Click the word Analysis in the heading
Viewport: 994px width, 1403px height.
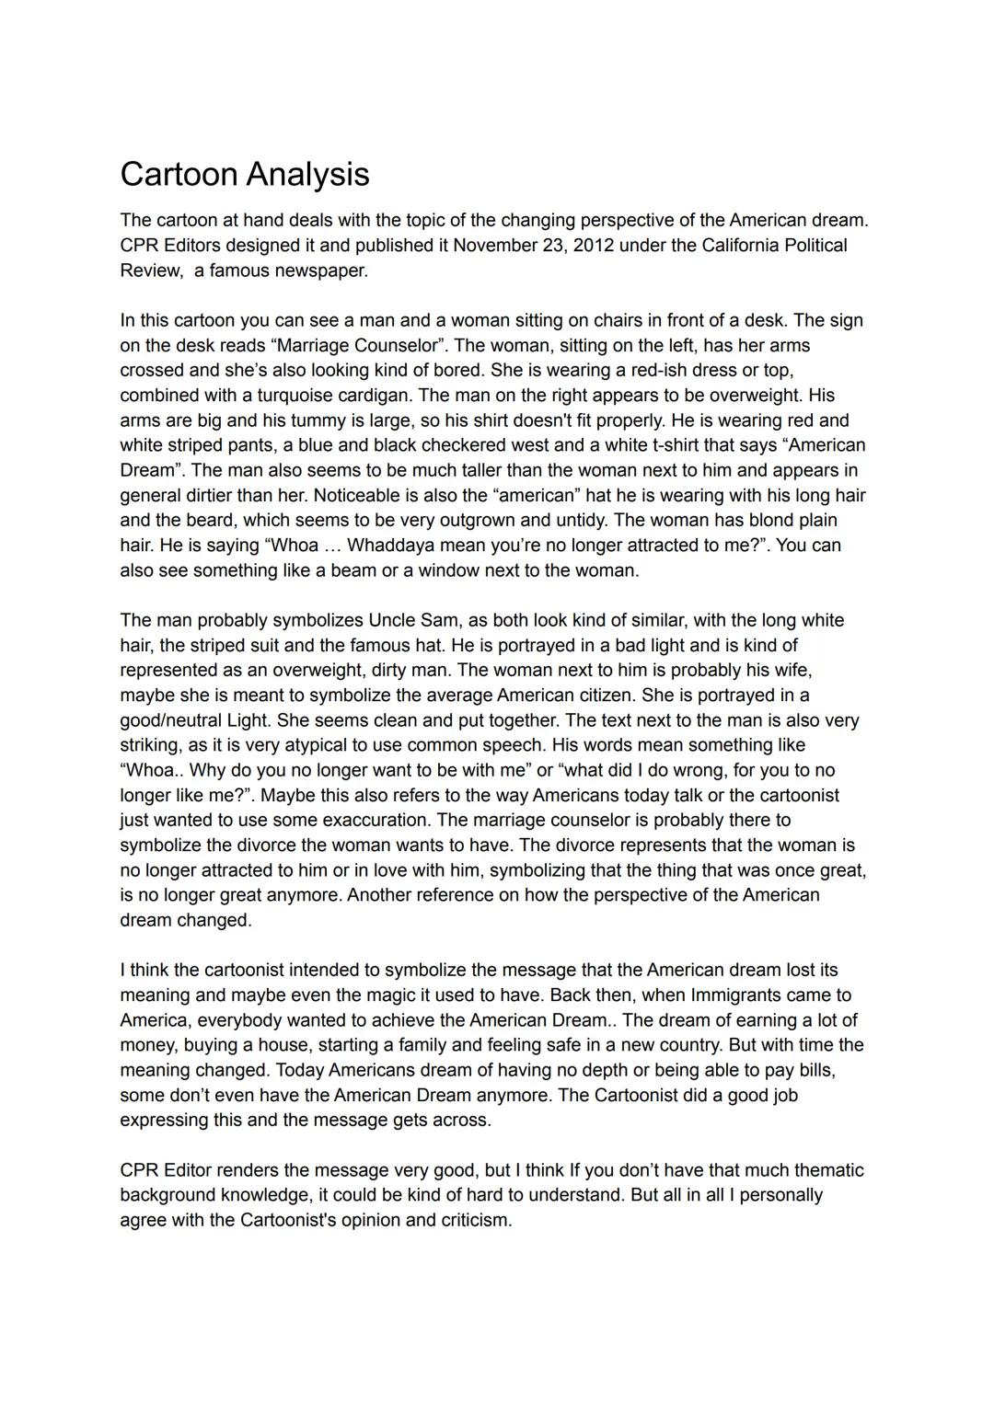coord(307,174)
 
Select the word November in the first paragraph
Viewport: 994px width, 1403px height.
coord(495,246)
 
